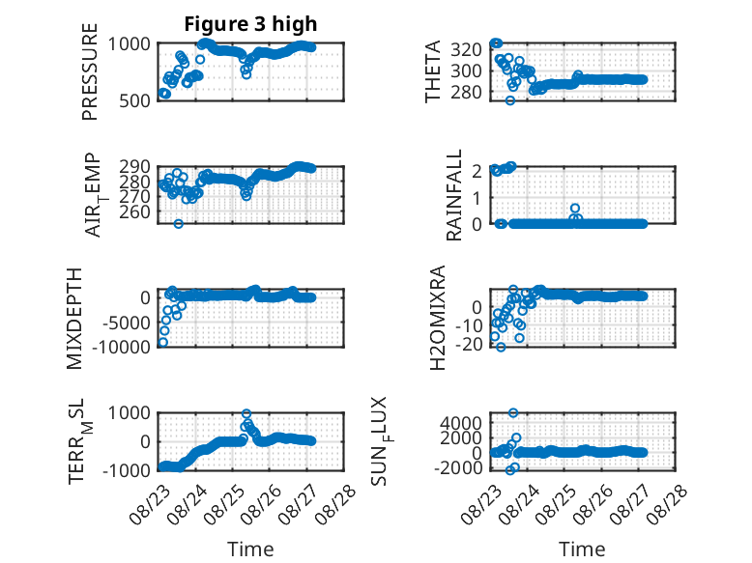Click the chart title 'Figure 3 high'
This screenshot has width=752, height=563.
(250, 24)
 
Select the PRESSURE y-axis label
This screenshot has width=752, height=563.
(90, 71)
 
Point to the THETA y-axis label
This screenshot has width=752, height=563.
(433, 71)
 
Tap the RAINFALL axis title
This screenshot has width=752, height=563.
(453, 195)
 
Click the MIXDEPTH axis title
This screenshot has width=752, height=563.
(74, 319)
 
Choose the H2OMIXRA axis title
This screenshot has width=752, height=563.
(438, 318)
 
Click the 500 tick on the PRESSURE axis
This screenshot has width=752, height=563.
(134, 100)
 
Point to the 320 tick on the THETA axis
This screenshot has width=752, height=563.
(466, 49)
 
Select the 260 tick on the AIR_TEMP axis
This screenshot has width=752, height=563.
(134, 211)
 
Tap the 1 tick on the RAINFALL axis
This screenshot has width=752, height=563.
(477, 197)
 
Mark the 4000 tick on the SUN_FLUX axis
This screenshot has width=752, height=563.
(461, 423)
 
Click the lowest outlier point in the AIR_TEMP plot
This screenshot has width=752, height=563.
(179, 224)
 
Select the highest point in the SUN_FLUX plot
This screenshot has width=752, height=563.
(513, 413)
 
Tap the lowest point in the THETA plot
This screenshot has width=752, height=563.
(510, 100)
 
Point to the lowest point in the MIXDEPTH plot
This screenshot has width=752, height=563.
(163, 342)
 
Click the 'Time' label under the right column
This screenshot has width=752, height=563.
(582, 549)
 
